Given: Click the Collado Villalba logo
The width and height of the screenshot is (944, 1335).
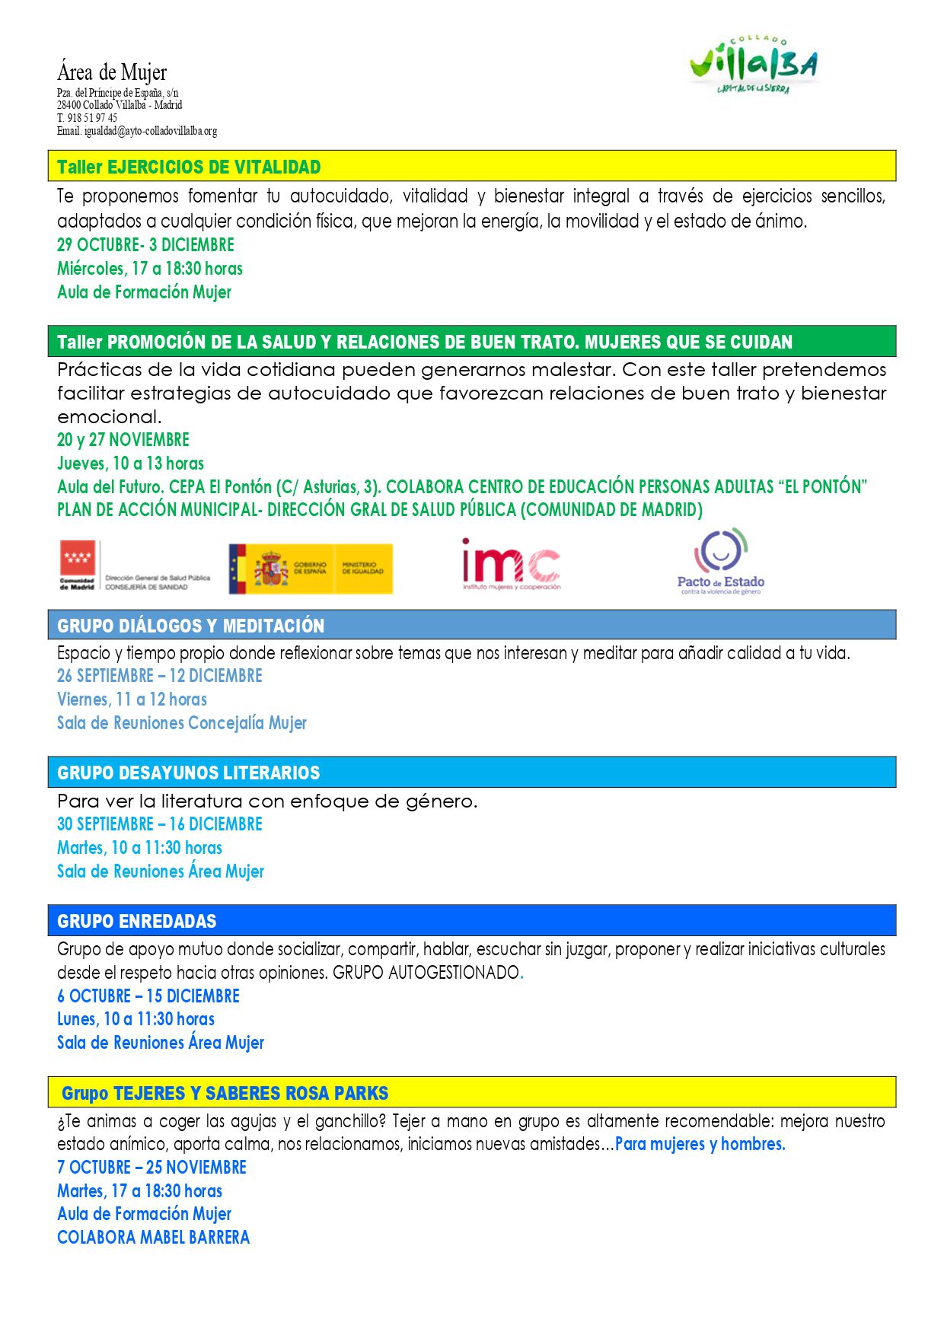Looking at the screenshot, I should (x=753, y=66).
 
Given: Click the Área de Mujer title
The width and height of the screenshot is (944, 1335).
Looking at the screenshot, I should (x=112, y=72).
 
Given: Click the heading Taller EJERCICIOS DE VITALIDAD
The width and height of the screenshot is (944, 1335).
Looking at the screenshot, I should (x=189, y=167).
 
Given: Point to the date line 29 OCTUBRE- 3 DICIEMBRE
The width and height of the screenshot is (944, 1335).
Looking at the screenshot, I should (x=145, y=245).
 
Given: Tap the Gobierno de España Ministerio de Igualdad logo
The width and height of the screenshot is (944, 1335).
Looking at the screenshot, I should (x=311, y=569).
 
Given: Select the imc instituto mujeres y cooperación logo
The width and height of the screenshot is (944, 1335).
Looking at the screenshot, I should (x=511, y=565).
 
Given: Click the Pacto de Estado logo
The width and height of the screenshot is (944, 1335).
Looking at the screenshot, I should (x=720, y=562).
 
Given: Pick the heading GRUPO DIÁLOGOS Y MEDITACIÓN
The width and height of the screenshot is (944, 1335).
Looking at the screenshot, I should (x=190, y=626).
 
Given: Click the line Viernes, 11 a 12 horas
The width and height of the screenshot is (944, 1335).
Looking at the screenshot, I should (x=132, y=699).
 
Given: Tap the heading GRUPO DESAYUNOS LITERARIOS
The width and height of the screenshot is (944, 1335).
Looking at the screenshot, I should (x=188, y=773).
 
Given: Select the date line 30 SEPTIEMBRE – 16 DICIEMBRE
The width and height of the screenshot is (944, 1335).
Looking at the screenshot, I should (x=159, y=824).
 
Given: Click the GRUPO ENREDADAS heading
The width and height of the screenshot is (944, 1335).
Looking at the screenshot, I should (x=136, y=921).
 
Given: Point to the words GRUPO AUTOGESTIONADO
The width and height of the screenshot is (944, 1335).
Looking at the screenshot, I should (x=426, y=973).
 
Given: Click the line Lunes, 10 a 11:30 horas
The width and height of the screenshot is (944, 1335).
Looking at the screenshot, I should (x=136, y=1019).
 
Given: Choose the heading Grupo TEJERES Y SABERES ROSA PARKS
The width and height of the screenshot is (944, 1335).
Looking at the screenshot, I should (x=225, y=1093).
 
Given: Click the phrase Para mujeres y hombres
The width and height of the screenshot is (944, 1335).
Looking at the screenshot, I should (x=700, y=1144).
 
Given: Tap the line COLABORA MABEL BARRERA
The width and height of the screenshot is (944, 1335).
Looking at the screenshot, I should (x=153, y=1238).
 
